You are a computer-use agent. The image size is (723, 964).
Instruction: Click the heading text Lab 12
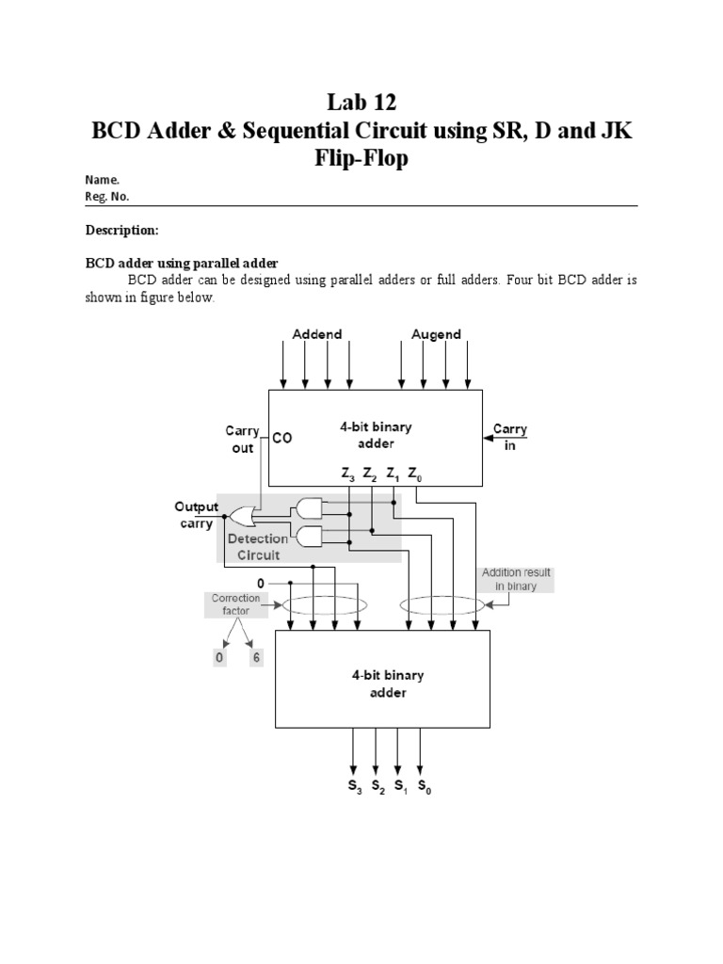(x=361, y=101)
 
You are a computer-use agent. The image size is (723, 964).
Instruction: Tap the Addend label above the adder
(x=317, y=334)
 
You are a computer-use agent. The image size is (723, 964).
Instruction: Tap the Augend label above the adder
(x=436, y=334)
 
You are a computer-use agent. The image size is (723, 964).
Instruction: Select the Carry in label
(x=510, y=436)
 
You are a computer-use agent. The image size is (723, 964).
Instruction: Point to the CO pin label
(x=282, y=438)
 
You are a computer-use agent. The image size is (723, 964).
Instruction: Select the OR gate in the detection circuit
(x=242, y=517)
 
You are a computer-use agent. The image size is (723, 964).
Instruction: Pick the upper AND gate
(x=308, y=509)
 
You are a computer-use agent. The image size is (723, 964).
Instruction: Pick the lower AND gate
(x=308, y=538)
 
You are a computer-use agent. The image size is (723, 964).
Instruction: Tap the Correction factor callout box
(x=229, y=604)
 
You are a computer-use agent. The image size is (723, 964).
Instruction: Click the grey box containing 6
(x=255, y=658)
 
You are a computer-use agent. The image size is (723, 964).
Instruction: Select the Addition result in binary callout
(x=516, y=579)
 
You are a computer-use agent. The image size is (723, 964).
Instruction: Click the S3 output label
(x=353, y=784)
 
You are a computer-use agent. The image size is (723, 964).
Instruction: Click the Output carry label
(x=196, y=515)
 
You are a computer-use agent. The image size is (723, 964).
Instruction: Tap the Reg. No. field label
(x=107, y=197)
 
